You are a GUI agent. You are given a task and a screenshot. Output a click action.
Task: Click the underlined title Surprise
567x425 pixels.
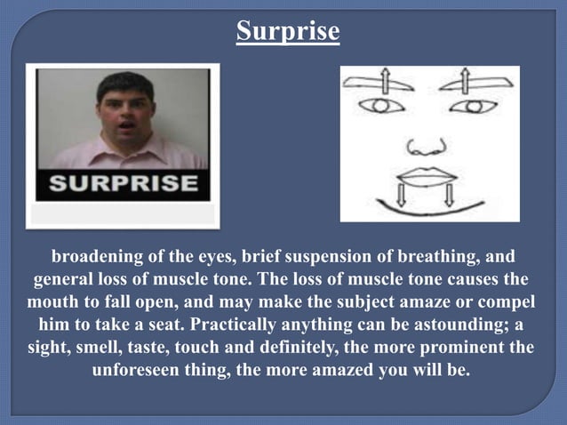coord(288,32)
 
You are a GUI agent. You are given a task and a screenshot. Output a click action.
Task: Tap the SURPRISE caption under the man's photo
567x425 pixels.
coord(123,184)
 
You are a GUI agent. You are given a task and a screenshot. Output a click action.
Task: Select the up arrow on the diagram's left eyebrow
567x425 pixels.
coord(385,81)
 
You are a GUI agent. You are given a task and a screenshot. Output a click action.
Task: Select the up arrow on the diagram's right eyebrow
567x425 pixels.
coord(466,81)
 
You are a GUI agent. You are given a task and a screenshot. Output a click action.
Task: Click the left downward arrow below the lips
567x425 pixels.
coord(400,195)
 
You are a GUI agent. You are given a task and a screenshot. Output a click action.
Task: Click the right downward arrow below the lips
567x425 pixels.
coord(449,195)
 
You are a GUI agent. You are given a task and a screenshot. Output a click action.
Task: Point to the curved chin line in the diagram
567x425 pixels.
coord(425,212)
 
